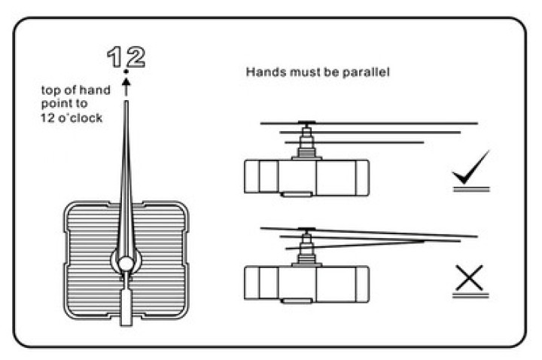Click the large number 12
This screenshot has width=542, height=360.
[x=126, y=57]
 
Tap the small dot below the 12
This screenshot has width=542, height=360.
[x=126, y=72]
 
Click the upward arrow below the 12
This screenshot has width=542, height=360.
[x=126, y=87]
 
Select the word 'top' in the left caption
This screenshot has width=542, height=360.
[x=51, y=90]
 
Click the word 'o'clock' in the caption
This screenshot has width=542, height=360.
[x=81, y=118]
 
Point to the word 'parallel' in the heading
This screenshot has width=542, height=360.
[x=366, y=72]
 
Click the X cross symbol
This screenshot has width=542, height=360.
[x=469, y=278]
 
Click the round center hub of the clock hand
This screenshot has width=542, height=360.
[x=126, y=264]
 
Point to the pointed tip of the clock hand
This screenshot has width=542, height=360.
[x=126, y=102]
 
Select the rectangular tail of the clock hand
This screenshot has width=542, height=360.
[x=126, y=308]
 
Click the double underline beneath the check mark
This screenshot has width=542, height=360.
[x=471, y=189]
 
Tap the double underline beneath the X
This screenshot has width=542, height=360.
[x=470, y=295]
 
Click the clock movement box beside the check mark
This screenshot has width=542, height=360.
[x=306, y=177]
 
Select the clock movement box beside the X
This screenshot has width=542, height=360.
[x=306, y=284]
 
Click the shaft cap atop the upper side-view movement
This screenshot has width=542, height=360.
[x=306, y=122]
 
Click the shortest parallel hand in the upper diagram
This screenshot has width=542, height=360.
[x=355, y=142]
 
